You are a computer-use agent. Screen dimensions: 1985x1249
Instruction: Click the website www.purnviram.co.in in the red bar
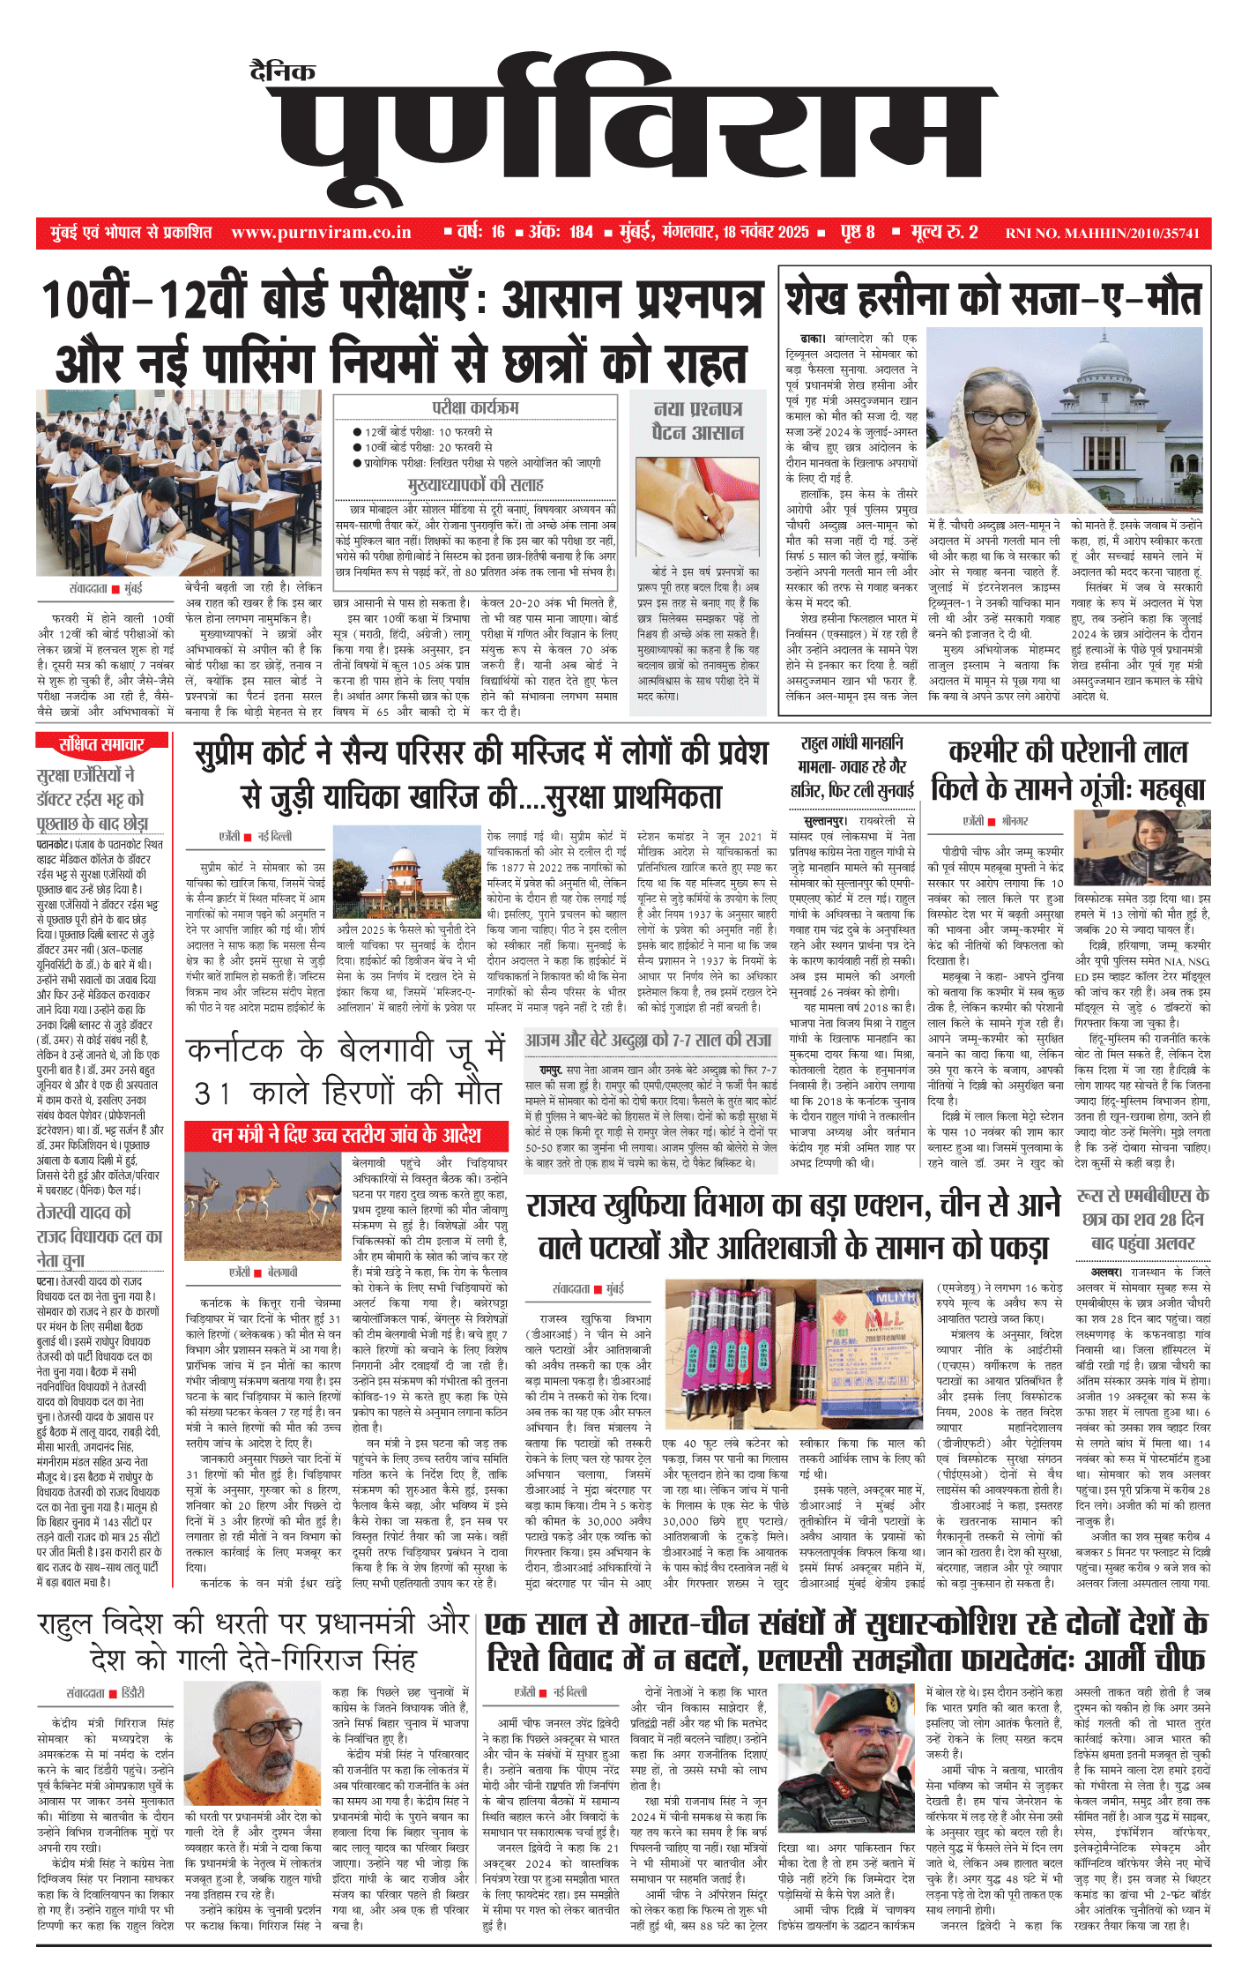pos(321,233)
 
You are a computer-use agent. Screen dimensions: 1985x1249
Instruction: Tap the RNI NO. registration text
pos(1102,234)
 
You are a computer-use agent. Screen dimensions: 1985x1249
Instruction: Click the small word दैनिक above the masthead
pos(282,72)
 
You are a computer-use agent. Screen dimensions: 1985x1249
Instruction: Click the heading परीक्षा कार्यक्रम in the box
pos(475,407)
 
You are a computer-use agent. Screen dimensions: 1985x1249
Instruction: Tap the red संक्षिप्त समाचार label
pos(100,745)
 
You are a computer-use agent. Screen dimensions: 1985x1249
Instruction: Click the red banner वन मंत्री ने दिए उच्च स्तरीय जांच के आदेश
pos(346,1135)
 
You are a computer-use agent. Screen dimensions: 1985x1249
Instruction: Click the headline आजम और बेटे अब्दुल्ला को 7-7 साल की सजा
pos(648,1041)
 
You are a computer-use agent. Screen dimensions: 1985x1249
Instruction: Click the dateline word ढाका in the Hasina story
pos(813,339)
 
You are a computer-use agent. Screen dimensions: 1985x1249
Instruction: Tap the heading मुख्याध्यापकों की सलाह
pos(475,484)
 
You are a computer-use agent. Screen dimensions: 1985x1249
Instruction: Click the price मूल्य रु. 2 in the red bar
pos(944,233)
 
